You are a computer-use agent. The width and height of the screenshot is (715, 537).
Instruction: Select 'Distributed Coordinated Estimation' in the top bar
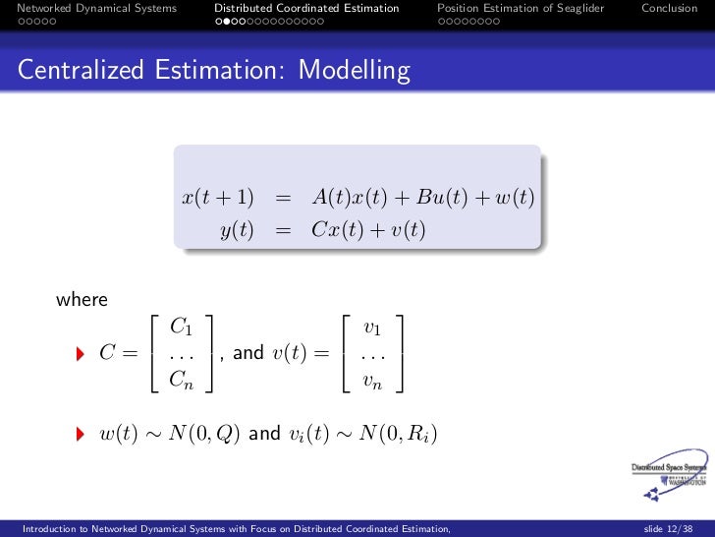pyautogui.click(x=306, y=9)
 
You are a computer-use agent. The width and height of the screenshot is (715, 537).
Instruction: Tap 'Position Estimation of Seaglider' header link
pyautogui.click(x=521, y=9)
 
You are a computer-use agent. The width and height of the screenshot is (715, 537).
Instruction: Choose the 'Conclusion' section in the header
pyautogui.click(x=669, y=9)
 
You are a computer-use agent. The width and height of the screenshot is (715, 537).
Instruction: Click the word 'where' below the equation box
pyautogui.click(x=82, y=299)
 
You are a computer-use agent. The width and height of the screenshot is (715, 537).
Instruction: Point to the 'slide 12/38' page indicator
pyautogui.click(x=666, y=528)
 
